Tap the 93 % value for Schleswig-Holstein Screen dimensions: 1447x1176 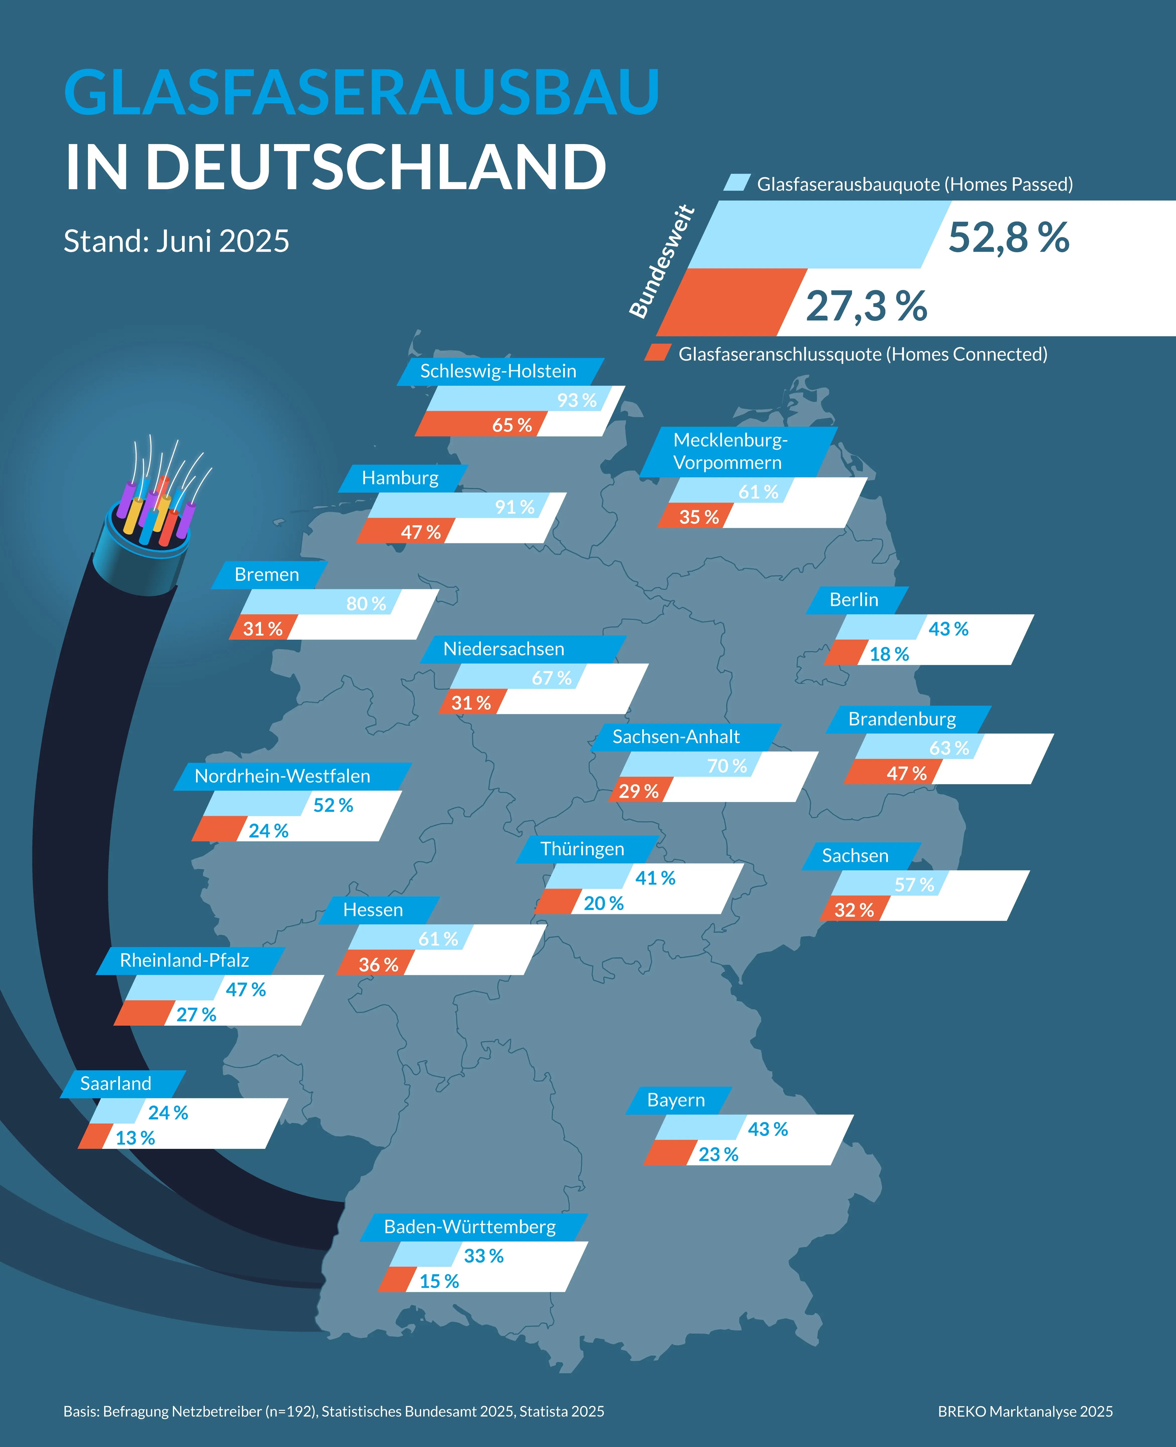pyautogui.click(x=576, y=400)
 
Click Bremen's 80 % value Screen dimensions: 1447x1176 pyautogui.click(x=366, y=603)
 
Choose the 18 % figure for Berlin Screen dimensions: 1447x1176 pyautogui.click(x=889, y=654)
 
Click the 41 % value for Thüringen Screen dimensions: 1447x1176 pyautogui.click(x=655, y=878)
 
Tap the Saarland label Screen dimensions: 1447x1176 pyautogui.click(x=116, y=1083)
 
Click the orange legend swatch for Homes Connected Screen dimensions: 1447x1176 pyautogui.click(x=657, y=353)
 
